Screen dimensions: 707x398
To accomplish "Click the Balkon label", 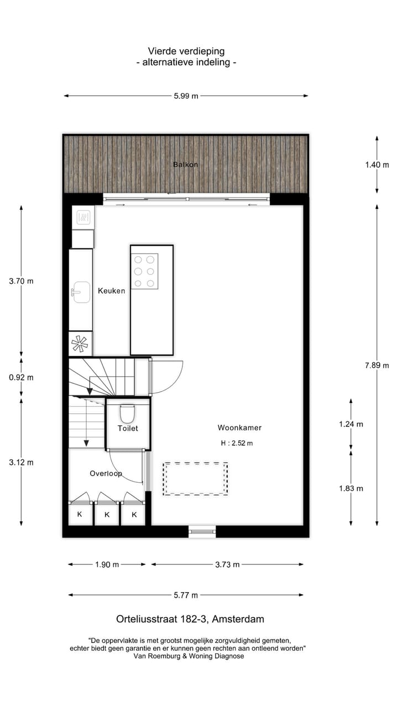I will click(185, 165).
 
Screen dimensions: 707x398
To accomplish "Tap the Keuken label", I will click(112, 291).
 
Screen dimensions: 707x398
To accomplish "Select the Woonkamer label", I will click(239, 428).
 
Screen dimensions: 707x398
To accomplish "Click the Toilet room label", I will click(128, 428).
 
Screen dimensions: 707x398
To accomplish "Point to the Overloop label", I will click(106, 473).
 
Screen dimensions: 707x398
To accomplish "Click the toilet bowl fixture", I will click(128, 413).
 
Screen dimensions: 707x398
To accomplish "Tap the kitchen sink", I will click(81, 291).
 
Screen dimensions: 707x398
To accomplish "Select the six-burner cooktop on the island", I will click(144, 271).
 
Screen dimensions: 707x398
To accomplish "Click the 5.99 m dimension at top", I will click(186, 96).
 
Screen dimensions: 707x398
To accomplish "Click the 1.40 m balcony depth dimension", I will click(378, 165).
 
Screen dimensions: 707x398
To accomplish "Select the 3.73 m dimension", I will click(227, 564).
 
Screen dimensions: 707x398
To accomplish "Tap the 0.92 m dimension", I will click(21, 377).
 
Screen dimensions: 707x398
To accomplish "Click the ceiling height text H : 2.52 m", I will click(237, 443).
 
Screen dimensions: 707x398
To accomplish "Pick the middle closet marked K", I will click(107, 515).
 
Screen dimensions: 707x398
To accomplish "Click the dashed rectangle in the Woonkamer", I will click(195, 479).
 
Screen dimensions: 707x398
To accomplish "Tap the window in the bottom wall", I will click(202, 531).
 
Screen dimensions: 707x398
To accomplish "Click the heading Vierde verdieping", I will click(186, 51).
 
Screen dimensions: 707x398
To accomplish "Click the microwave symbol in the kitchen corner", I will click(83, 217).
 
